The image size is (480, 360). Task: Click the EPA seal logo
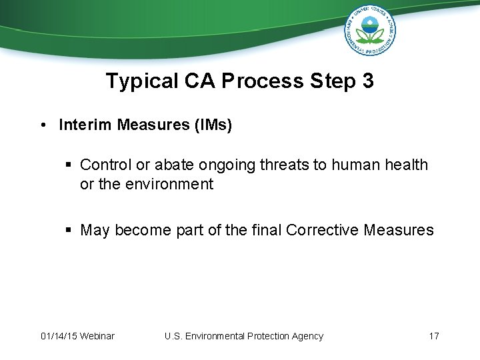[x=370, y=30]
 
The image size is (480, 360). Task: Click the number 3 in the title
[x=367, y=81]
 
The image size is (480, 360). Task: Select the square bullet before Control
[x=69, y=165]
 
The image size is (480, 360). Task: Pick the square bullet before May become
[x=69, y=231]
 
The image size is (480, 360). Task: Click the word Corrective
[x=322, y=231]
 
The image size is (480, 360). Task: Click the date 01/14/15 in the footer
[x=58, y=336]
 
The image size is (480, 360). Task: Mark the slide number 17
[x=433, y=336]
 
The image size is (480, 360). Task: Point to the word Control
[x=101, y=165]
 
